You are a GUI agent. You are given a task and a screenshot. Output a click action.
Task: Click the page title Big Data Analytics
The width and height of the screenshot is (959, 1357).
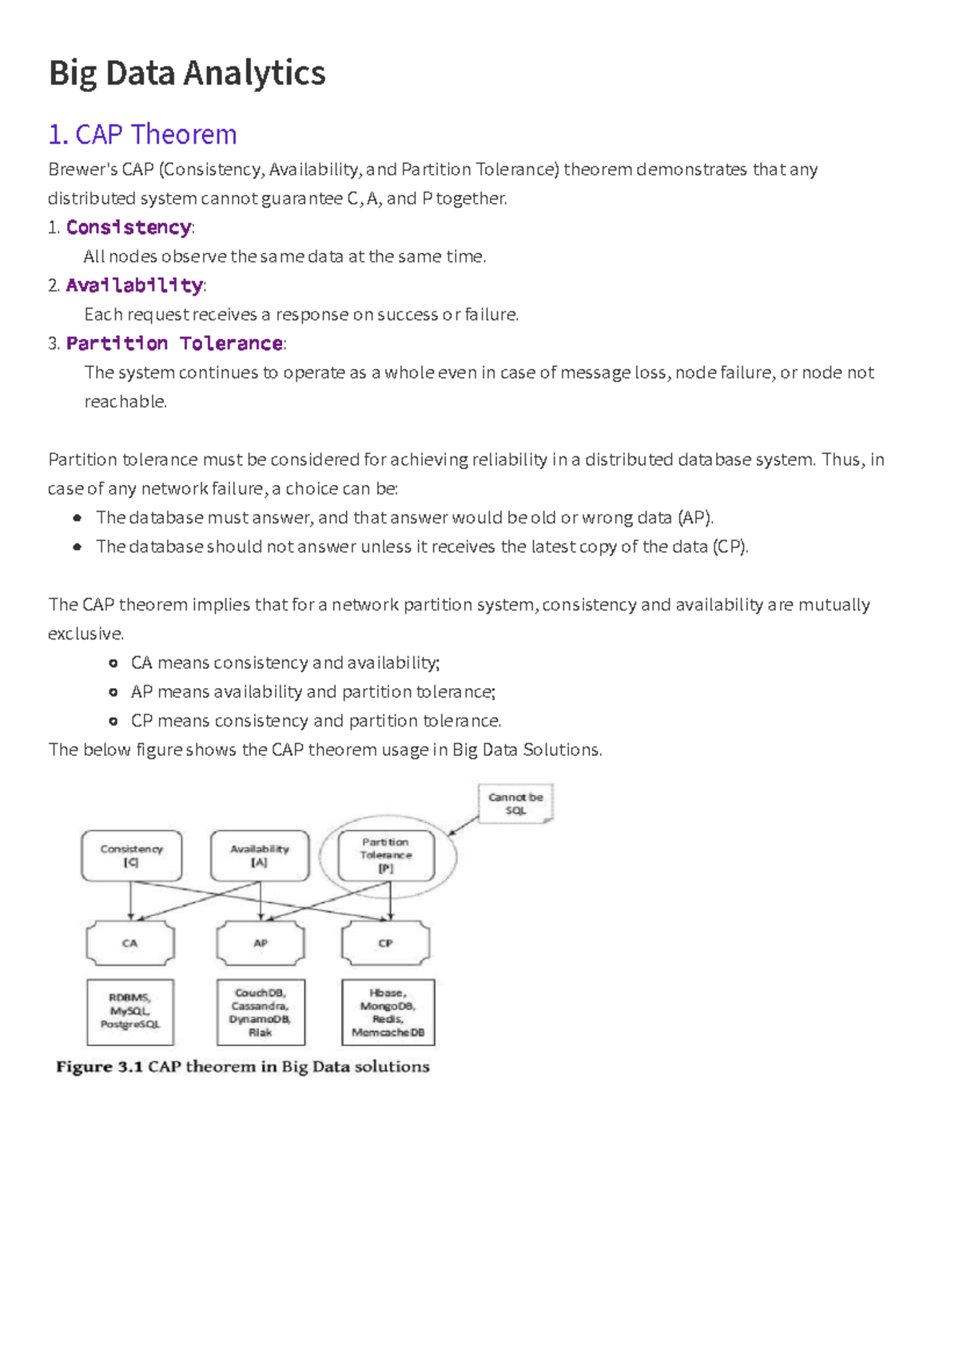point(187,73)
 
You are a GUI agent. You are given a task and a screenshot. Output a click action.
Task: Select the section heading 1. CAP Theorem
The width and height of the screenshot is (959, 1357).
point(142,134)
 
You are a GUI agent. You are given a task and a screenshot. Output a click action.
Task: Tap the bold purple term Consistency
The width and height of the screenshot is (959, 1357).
point(129,228)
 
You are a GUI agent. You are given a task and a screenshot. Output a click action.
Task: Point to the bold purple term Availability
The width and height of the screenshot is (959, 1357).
point(134,285)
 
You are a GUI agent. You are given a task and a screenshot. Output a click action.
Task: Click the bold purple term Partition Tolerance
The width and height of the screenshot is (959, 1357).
point(174,344)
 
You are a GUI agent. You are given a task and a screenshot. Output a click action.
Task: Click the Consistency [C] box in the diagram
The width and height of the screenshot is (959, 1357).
point(131,856)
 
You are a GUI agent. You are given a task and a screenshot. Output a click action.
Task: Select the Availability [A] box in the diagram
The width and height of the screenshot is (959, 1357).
point(260,856)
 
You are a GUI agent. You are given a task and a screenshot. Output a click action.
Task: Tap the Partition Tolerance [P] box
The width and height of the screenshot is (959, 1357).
point(386,855)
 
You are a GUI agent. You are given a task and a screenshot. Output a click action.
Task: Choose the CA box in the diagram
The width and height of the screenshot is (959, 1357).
point(130,943)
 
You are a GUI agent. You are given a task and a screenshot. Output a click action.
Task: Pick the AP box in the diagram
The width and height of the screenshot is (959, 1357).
point(261,943)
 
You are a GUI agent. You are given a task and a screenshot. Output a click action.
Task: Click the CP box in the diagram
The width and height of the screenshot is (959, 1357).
point(385,943)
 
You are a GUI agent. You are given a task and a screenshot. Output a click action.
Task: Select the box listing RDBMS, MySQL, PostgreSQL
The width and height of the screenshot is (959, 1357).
point(130,1012)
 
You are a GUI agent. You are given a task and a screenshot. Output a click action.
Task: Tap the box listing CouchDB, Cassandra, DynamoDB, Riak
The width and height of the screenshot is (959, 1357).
point(261,1012)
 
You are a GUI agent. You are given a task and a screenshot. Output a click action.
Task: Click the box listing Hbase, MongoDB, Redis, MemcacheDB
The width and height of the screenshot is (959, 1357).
point(388,1012)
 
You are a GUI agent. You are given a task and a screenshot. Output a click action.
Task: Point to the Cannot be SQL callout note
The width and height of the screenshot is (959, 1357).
point(515,803)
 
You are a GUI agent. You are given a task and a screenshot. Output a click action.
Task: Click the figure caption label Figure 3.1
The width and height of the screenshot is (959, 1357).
point(99,1067)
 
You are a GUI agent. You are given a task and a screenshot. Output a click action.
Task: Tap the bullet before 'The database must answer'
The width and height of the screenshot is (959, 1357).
point(77,518)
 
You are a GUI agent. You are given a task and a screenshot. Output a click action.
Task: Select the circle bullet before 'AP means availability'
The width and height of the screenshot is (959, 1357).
point(113,692)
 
